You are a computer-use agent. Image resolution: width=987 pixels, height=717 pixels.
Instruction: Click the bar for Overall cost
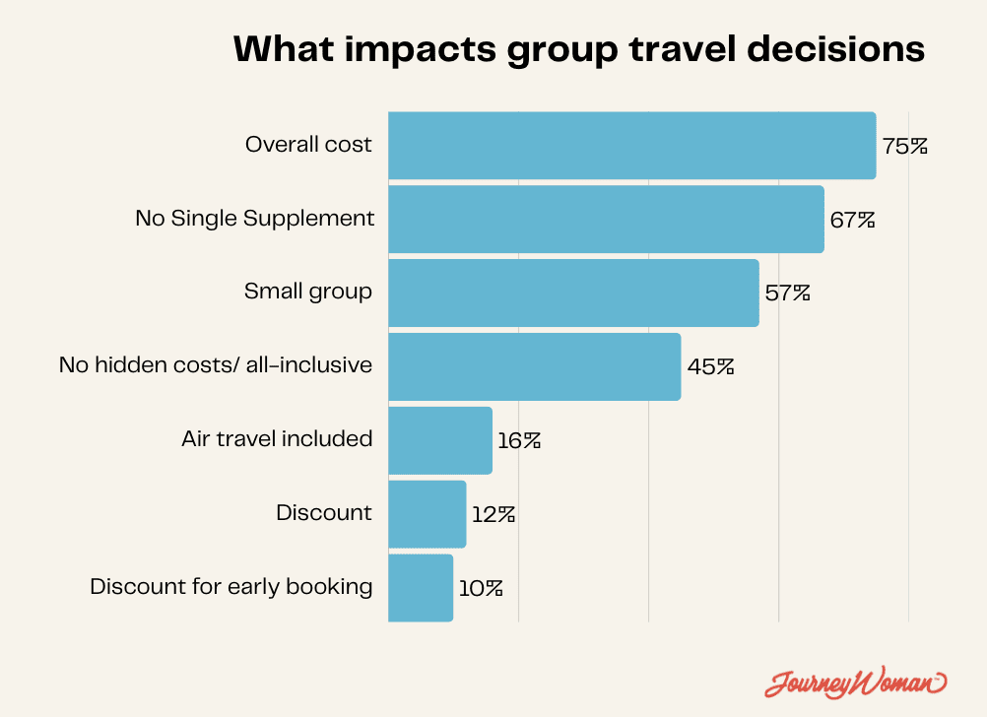631,146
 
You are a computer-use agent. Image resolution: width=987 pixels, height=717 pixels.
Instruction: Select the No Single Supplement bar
606,219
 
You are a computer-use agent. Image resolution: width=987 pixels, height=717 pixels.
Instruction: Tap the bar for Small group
573,293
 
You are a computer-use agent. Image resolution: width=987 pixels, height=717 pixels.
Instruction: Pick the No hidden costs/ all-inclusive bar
534,366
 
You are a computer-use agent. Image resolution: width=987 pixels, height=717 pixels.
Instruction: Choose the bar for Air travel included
440,440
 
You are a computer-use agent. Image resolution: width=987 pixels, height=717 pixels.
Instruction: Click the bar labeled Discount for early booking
421,588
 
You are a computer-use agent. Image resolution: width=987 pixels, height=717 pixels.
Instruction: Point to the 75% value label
904,147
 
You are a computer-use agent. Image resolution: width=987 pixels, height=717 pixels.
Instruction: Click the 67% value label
852,220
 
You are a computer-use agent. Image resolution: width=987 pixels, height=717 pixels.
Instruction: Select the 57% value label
787,293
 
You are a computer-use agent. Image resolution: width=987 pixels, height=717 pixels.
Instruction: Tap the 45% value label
710,367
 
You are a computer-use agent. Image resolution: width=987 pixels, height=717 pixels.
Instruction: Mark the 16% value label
519,440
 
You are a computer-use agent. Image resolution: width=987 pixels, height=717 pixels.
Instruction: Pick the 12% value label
493,514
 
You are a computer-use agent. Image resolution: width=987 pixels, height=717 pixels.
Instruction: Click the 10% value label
481,588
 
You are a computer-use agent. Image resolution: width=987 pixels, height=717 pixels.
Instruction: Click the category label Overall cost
308,145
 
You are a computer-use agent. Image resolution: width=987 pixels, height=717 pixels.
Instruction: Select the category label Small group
308,292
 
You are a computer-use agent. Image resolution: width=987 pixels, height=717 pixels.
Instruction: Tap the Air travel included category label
277,438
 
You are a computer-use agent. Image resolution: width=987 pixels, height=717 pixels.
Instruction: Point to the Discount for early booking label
231,587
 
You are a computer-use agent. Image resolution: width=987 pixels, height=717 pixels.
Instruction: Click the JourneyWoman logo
855,682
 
